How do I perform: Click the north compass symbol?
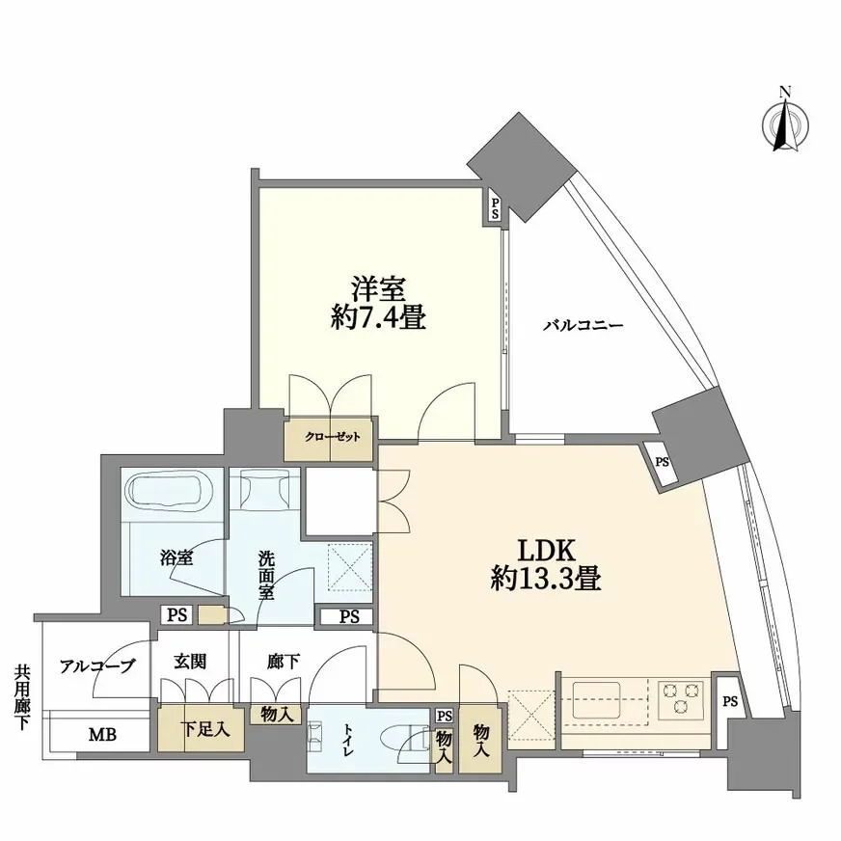785,123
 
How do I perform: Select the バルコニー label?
583,325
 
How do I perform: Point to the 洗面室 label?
265,575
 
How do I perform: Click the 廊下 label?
283,663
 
